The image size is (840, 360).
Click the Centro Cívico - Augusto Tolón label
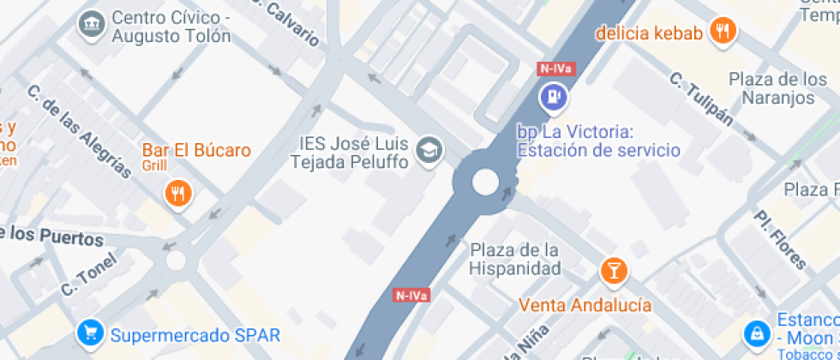click(x=171, y=27)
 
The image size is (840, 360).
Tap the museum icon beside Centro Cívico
click(x=90, y=26)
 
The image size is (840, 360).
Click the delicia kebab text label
click(x=649, y=33)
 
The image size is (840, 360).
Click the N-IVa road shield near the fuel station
click(x=555, y=68)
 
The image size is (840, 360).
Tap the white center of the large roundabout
click(x=485, y=181)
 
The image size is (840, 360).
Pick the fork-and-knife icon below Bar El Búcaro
click(x=178, y=193)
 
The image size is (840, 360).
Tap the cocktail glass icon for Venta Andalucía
click(x=613, y=272)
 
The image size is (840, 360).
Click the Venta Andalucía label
click(x=585, y=305)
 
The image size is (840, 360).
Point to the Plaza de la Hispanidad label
click(x=514, y=259)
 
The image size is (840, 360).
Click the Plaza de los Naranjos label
click(x=771, y=87)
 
